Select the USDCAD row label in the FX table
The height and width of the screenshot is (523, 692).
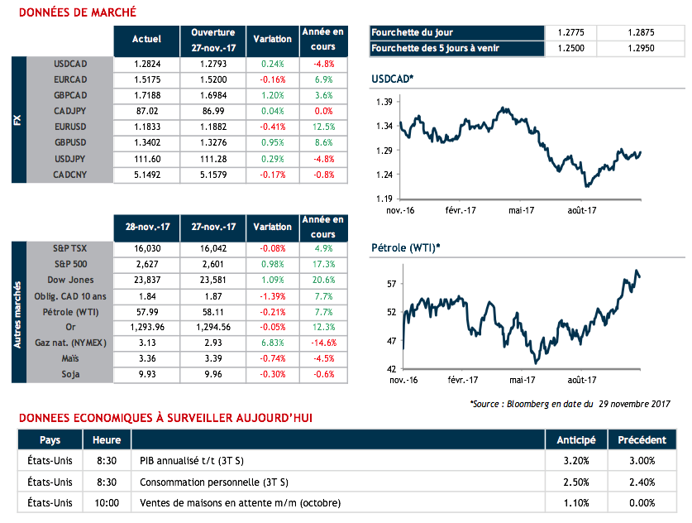tap(70, 63)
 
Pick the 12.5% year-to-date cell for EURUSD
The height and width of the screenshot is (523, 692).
tap(323, 127)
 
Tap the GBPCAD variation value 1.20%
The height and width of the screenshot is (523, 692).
tap(272, 95)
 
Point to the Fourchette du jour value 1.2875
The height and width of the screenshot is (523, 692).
tap(640, 32)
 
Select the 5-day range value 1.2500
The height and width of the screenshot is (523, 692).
tap(571, 48)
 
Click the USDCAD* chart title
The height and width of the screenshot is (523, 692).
tap(393, 78)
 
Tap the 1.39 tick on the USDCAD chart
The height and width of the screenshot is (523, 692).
tap(382, 101)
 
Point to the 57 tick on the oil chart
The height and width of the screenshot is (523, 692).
tap(392, 284)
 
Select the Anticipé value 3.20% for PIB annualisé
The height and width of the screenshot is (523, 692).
tap(576, 461)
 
